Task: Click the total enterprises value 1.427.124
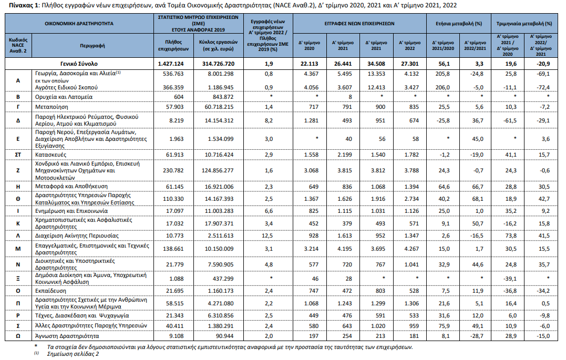click(x=174, y=63)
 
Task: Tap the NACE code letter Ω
click(x=18, y=335)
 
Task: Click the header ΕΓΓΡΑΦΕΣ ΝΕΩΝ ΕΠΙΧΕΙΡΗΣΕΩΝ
click(x=359, y=24)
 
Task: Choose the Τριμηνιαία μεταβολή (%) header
click(x=523, y=24)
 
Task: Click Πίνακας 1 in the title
click(x=20, y=5)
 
